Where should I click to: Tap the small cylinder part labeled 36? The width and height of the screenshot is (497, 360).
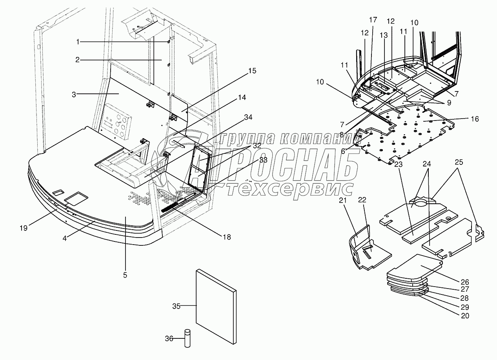click(x=188, y=338)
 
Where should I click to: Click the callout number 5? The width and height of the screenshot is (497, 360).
click(x=125, y=275)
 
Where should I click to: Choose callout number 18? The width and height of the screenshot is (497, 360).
click(x=226, y=237)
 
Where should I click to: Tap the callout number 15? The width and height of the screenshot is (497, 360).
click(x=252, y=71)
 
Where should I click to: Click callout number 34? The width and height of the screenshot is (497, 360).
click(x=248, y=117)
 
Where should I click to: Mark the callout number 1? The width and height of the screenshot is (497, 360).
click(x=78, y=42)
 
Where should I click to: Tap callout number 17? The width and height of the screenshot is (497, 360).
click(x=373, y=19)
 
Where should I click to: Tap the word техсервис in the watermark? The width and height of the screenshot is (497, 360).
click(x=290, y=190)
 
